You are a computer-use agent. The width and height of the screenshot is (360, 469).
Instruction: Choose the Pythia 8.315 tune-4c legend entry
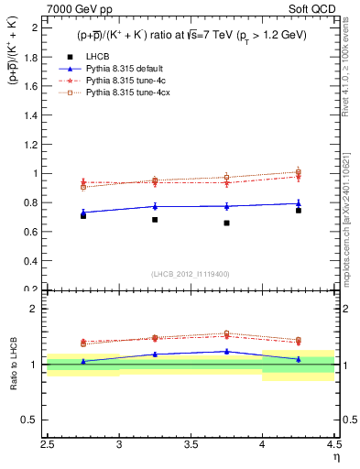pyautogui.click(x=120, y=82)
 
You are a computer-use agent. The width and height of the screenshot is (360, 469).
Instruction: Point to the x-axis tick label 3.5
pyautogui.click(x=191, y=446)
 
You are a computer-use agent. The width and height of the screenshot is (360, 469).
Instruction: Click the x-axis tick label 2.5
pyautogui.click(x=49, y=446)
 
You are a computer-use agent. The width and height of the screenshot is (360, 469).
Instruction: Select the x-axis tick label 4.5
pyautogui.click(x=333, y=446)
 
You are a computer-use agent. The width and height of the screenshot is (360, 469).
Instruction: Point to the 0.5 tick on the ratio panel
pyautogui.click(x=34, y=421)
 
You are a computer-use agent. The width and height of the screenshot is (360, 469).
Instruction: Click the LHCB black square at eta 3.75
pyautogui.click(x=226, y=223)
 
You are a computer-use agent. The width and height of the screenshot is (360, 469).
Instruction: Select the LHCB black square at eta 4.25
pyautogui.click(x=298, y=211)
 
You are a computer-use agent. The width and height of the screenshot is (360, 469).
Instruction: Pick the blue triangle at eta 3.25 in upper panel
pyautogui.click(x=155, y=206)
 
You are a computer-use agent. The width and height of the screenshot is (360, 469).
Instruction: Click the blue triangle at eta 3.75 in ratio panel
pyautogui.click(x=226, y=351)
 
